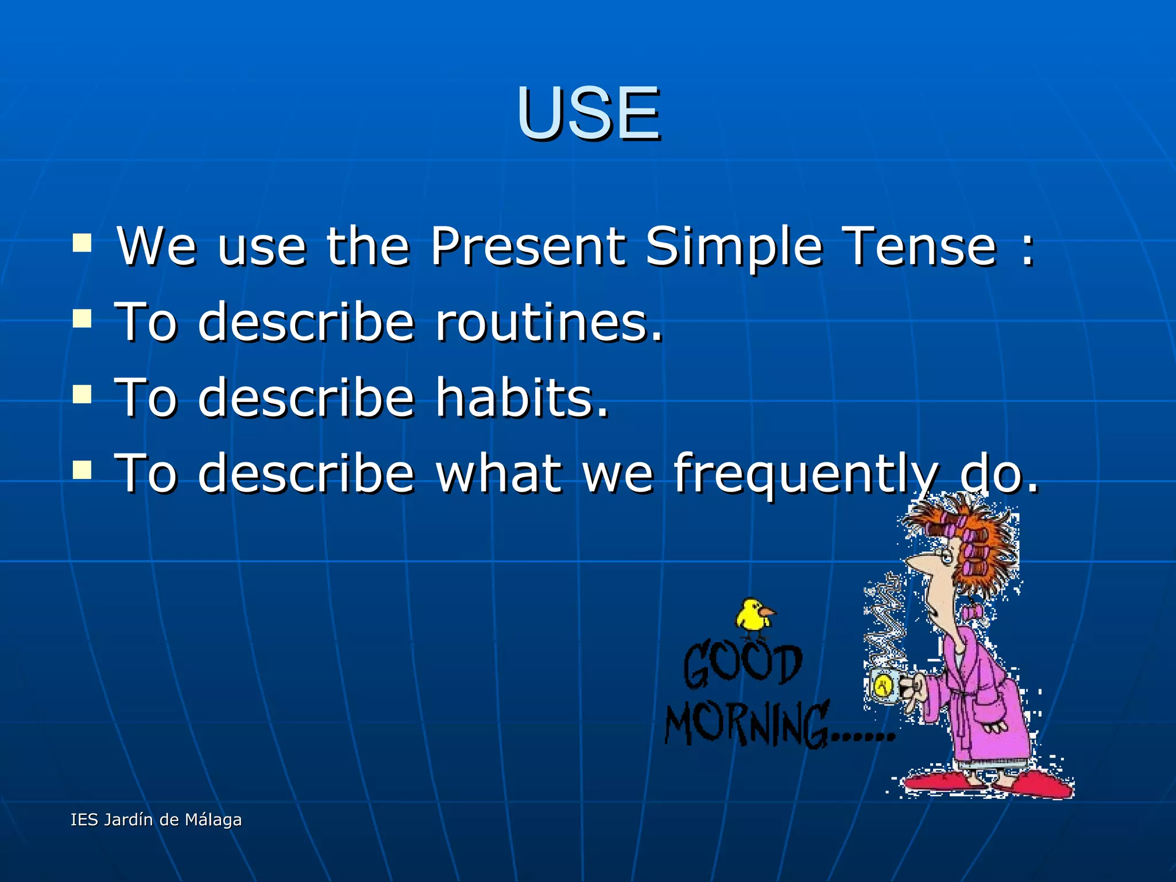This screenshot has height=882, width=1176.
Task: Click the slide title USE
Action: click(x=588, y=113)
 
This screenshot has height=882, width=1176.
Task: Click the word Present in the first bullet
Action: click(x=528, y=247)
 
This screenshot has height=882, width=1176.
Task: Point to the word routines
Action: click(x=549, y=323)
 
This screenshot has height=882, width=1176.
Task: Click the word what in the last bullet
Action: click(x=498, y=473)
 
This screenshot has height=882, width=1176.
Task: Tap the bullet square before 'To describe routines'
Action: click(x=82, y=319)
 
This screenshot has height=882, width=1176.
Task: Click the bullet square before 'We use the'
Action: click(x=82, y=243)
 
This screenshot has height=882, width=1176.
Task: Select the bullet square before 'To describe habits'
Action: click(x=82, y=394)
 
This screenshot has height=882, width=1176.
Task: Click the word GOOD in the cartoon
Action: click(x=742, y=665)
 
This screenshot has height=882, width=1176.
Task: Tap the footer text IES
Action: click(x=84, y=819)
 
